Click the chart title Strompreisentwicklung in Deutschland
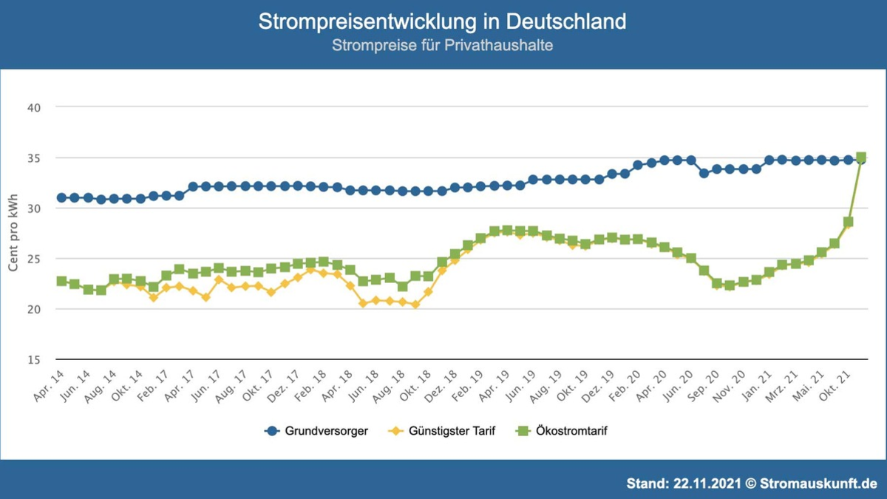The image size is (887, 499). tap(442, 21)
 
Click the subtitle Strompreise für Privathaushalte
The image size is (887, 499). tap(442, 46)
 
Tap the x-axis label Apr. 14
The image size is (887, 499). tap(49, 386)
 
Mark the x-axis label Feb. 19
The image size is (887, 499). tap(469, 386)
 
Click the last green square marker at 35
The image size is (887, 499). tap(861, 157)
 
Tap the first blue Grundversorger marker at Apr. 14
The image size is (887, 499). tap(61, 197)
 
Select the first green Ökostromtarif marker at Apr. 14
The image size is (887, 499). tap(61, 282)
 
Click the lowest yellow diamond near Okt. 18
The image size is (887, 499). tap(415, 305)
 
